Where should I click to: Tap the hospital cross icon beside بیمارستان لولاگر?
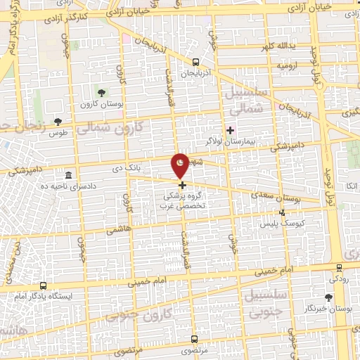tap(231, 130)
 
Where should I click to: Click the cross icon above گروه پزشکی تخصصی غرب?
tap(182, 186)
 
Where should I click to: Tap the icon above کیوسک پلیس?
tap(282, 212)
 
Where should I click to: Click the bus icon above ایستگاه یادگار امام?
tap(43, 285)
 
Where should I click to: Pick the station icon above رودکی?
tap(339, 267)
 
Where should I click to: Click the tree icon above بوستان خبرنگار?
tap(330, 297)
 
